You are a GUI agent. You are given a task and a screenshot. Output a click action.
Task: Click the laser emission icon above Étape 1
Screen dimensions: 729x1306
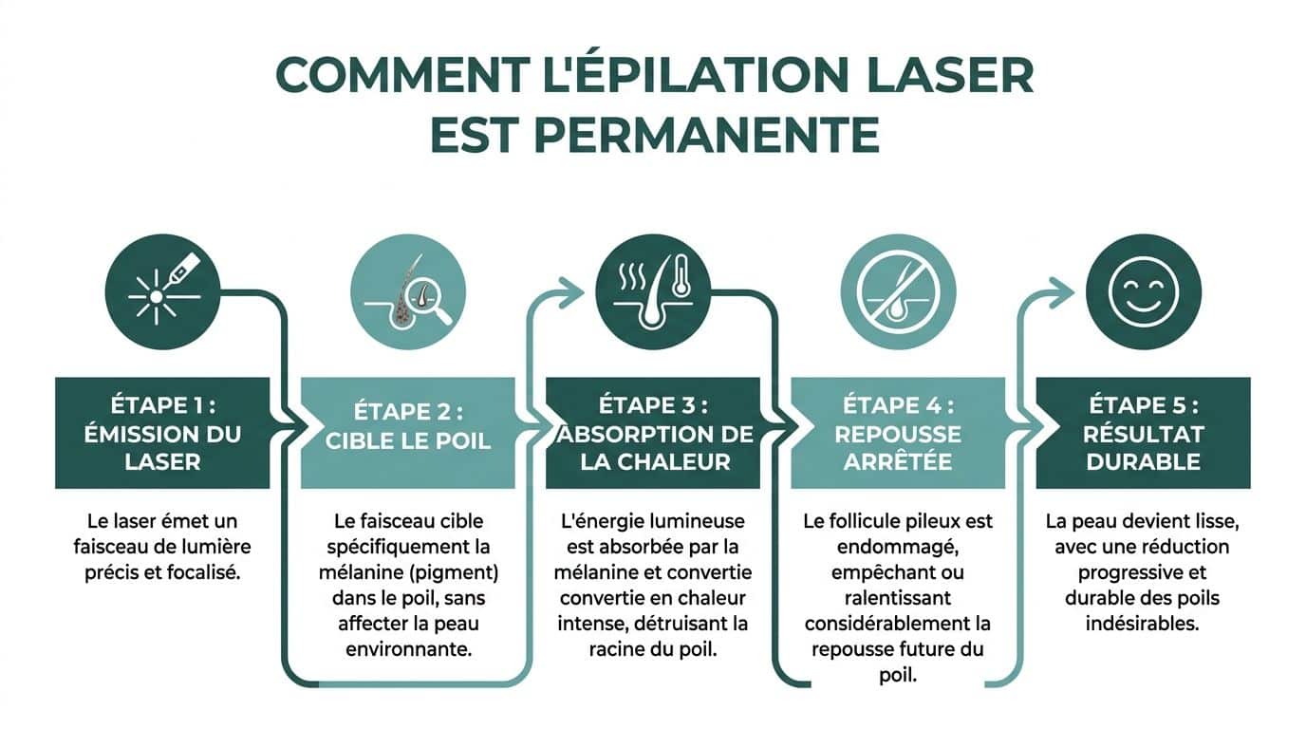[x=162, y=291]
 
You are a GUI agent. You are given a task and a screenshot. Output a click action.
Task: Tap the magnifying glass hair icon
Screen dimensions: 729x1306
[x=407, y=291]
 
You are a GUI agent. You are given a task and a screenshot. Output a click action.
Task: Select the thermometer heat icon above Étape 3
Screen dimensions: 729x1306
[x=653, y=291]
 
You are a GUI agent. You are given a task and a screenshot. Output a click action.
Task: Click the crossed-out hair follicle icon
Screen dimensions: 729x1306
[x=898, y=291]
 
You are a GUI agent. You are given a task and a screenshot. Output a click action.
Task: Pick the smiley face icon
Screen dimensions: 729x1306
[x=1143, y=291]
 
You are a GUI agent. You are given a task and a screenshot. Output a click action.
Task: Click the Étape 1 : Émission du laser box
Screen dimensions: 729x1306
[x=162, y=433]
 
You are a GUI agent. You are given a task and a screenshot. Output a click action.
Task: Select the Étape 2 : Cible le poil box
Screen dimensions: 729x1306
[x=407, y=433]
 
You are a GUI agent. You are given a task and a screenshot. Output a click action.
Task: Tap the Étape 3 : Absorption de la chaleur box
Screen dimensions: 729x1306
[x=653, y=433]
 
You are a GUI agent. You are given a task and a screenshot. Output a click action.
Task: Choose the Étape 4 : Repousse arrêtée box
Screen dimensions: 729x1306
[x=898, y=433]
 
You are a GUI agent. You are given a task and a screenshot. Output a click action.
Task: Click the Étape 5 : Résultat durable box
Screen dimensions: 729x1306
[x=1143, y=433]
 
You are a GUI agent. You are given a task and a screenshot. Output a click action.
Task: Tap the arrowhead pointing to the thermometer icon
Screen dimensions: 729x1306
[x=571, y=291]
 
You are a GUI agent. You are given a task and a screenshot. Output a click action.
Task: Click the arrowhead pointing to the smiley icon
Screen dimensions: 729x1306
[x=1063, y=291]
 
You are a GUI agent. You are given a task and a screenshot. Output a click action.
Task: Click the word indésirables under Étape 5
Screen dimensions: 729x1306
[x=1142, y=623]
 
